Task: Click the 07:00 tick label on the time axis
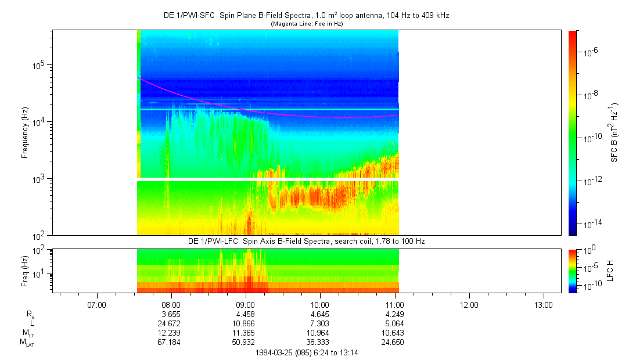(96, 304)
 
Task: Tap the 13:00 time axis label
(544, 304)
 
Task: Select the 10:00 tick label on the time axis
(320, 304)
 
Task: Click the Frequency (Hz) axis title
(25, 133)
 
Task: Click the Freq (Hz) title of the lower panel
(25, 271)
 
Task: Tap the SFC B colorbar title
(614, 133)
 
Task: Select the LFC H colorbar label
(610, 271)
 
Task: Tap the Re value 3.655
(171, 314)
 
